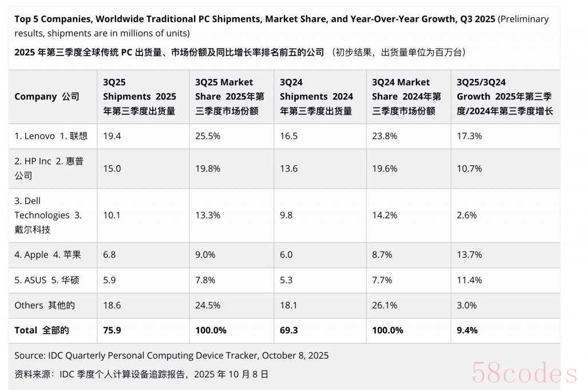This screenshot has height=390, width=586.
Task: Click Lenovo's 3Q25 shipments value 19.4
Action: (x=112, y=136)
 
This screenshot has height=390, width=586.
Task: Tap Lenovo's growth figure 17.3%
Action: (x=469, y=136)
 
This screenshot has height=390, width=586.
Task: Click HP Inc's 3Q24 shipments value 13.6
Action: (x=290, y=169)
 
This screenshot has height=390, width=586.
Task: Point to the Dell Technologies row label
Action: (x=48, y=215)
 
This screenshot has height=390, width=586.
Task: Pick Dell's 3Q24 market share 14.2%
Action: (x=385, y=215)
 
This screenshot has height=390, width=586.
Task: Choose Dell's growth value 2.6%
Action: (x=466, y=215)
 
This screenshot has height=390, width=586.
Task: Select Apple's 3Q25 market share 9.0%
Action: (x=204, y=254)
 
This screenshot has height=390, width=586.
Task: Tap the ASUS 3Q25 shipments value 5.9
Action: (x=109, y=280)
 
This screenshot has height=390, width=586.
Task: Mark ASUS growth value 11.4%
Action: (x=469, y=280)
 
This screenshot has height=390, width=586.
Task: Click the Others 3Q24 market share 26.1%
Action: (x=385, y=305)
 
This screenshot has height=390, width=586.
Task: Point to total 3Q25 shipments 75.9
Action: (x=112, y=330)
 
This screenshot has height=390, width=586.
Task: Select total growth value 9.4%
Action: (x=467, y=330)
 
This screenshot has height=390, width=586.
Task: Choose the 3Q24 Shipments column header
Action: (x=316, y=97)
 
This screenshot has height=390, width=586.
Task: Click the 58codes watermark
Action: (x=524, y=373)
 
